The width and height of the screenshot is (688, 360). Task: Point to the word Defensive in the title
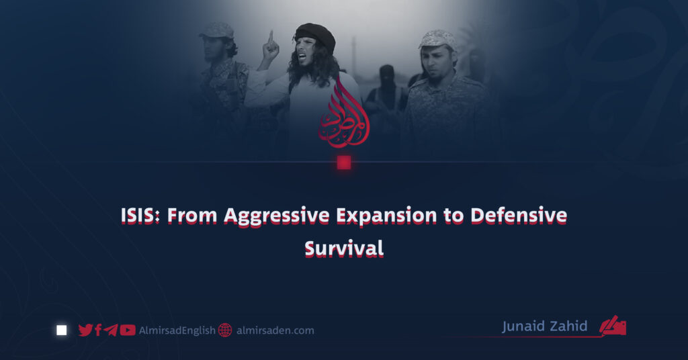[x=519, y=216]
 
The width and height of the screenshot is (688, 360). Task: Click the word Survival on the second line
[x=344, y=249]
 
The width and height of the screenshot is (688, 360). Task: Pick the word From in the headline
[x=192, y=216]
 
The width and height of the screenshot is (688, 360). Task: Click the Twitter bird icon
[x=85, y=330]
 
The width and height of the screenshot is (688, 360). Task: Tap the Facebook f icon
[x=98, y=330]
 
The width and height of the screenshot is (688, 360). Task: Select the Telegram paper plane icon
[x=111, y=330]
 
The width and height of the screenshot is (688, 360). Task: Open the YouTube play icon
[x=128, y=330]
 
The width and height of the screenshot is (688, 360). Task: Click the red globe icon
[x=225, y=330]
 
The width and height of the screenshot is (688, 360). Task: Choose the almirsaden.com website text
[x=275, y=330]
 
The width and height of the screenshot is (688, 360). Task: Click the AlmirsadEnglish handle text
[x=177, y=330]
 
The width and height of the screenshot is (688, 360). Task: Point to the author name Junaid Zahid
[x=544, y=326]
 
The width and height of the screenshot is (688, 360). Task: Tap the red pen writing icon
[x=613, y=326]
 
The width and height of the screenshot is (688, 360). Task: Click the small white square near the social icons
[x=62, y=330]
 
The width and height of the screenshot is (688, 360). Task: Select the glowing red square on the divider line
[x=344, y=163]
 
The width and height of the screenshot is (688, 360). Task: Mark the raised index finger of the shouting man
[x=271, y=37]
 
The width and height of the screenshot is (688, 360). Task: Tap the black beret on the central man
[x=315, y=34]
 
